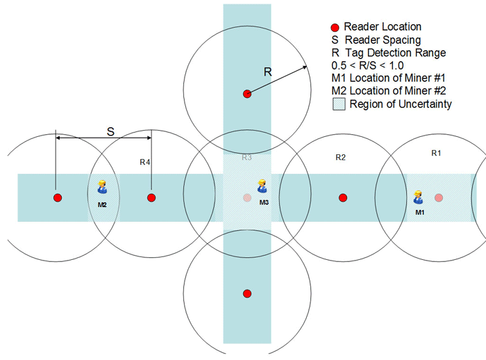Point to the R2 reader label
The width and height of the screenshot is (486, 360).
pyautogui.click(x=340, y=158)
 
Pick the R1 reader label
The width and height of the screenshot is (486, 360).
pyautogui.click(x=436, y=152)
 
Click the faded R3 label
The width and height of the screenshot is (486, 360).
pyautogui.click(x=246, y=158)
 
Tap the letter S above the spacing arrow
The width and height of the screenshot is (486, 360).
pyautogui.click(x=109, y=130)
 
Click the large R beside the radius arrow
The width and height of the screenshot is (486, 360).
pyautogui.click(x=268, y=71)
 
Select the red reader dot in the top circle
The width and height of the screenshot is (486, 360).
pyautogui.click(x=246, y=93)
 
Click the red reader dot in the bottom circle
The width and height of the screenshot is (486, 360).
pyautogui.click(x=246, y=293)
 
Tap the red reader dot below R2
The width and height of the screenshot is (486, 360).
pyautogui.click(x=342, y=197)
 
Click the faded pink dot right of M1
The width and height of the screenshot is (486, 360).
pyautogui.click(x=438, y=197)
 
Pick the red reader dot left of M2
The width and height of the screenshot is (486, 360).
pyautogui.click(x=58, y=197)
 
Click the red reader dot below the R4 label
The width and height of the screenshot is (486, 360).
pyautogui.click(x=151, y=197)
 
